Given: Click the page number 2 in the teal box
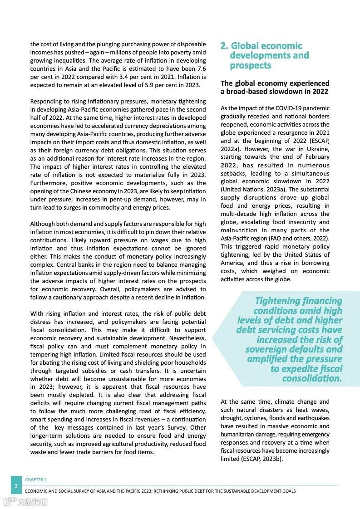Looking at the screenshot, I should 16,486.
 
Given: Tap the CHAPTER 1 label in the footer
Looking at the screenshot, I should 36,480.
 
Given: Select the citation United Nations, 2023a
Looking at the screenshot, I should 253,189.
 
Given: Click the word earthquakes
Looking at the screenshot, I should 313,418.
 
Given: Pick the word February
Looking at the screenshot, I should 313,157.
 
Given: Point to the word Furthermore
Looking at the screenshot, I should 48,183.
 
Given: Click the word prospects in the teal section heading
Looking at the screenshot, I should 250,65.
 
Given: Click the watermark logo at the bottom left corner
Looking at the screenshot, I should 25,502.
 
